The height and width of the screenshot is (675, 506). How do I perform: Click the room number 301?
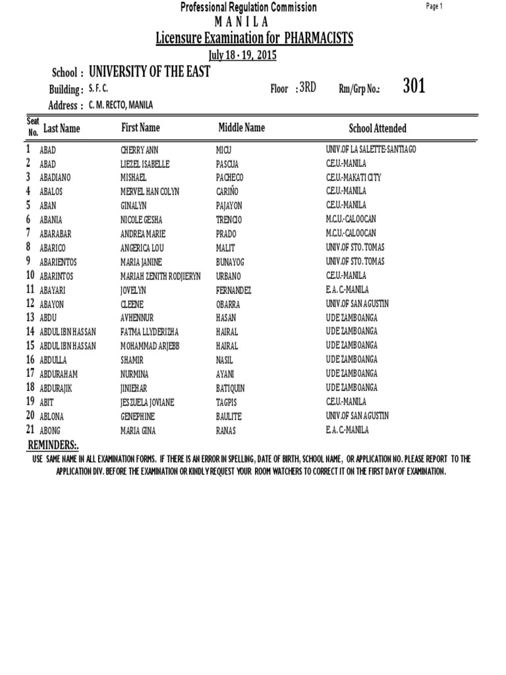pos(414,86)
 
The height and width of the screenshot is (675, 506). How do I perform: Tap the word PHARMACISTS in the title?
pos(319,39)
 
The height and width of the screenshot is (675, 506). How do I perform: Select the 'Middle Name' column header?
pos(241,127)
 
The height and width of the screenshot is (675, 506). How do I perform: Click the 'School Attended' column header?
pos(378,129)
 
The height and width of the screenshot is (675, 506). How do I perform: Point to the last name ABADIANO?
pos(57,177)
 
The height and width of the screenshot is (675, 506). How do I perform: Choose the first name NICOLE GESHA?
pos(142,220)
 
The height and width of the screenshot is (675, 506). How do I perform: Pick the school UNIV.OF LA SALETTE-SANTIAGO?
pos(371,150)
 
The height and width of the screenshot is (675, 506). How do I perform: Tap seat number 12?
pos(30,303)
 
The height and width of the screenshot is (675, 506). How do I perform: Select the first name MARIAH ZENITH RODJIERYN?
pos(161,276)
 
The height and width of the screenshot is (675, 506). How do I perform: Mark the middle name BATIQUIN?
pos(234,388)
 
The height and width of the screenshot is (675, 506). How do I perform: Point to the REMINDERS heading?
pos(52,446)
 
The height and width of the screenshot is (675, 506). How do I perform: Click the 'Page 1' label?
pos(435,6)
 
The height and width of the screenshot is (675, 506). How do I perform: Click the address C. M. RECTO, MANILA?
pos(120,105)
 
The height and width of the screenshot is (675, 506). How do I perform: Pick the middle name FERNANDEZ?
pos(233,290)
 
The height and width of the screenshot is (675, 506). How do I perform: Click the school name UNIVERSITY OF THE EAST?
pos(149,72)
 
